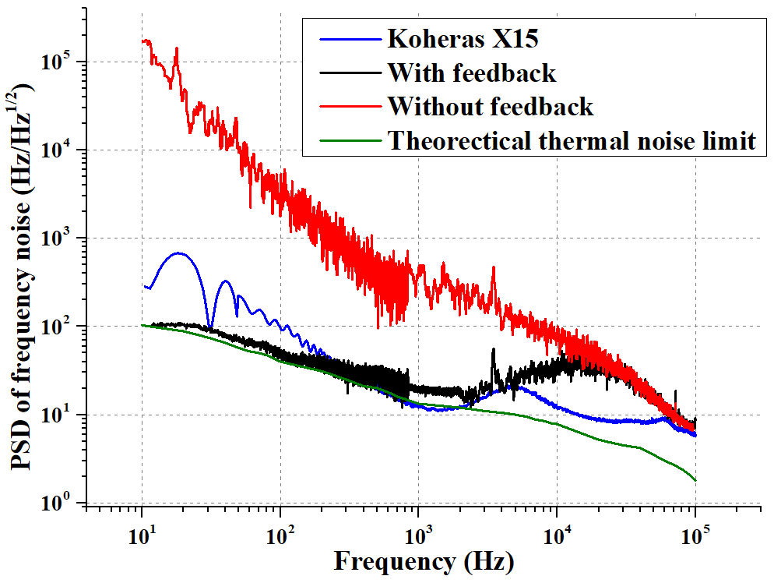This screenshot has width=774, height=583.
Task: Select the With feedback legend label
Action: coord(472,73)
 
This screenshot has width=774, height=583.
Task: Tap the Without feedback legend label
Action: coord(491,106)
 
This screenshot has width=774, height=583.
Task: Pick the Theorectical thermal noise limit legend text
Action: coord(572,140)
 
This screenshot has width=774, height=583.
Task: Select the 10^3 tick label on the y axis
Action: coord(64,238)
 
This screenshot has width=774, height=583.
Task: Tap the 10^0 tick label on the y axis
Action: coord(64,503)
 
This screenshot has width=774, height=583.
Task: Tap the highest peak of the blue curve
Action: coord(178,253)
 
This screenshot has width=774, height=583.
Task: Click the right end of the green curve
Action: coord(695,480)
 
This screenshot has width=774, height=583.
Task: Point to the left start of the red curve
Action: coord(142,41)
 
